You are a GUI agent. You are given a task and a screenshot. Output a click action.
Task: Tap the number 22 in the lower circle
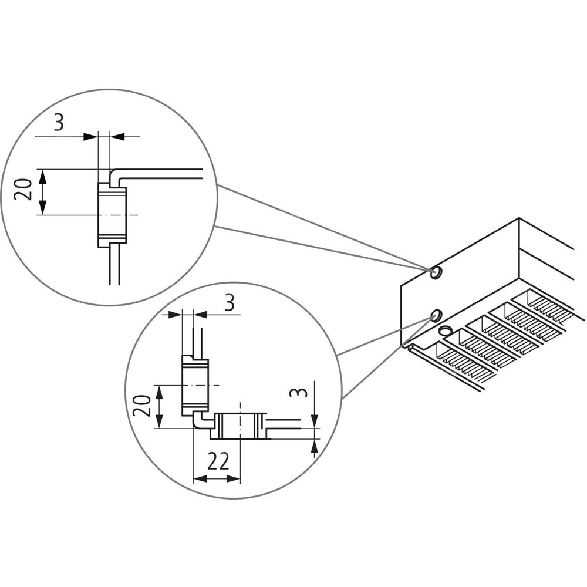(x=218, y=462)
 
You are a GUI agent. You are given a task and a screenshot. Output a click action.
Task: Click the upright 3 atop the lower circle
(x=230, y=303)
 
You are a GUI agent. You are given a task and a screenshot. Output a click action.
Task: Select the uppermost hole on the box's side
(x=436, y=273)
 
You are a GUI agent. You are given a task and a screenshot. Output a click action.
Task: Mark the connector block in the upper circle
(x=112, y=214)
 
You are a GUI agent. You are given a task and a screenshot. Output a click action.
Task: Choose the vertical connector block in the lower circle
(x=195, y=384)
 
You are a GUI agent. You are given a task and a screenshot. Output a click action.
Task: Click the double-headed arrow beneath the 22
(x=217, y=479)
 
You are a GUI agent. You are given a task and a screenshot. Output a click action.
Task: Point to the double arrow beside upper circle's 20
(x=43, y=192)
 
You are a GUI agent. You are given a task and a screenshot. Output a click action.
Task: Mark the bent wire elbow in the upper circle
(x=115, y=174)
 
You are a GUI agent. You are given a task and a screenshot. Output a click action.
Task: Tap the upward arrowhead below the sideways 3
(x=315, y=449)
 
